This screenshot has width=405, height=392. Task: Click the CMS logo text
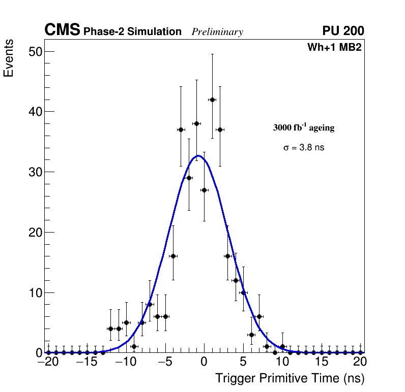pyautogui.click(x=62, y=30)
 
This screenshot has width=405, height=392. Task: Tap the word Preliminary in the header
pyautogui.click(x=217, y=32)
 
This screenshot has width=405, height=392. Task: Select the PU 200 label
pyautogui.click(x=343, y=31)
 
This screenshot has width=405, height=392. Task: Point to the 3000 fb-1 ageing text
pyautogui.click(x=304, y=127)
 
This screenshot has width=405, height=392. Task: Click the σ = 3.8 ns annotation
pyautogui.click(x=304, y=148)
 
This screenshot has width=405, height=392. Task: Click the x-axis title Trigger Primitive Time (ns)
pyautogui.click(x=290, y=378)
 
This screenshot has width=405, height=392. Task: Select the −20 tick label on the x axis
pyautogui.click(x=48, y=362)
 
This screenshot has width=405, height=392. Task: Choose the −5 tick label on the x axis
pyautogui.click(x=165, y=362)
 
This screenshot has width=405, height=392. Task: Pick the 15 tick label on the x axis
pyautogui.click(x=322, y=362)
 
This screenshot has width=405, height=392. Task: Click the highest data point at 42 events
pyautogui.click(x=212, y=100)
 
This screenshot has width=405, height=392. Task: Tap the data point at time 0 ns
pyautogui.click(x=204, y=190)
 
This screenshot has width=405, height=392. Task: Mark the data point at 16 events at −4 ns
pyautogui.click(x=173, y=256)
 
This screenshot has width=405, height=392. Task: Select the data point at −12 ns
pyautogui.click(x=110, y=329)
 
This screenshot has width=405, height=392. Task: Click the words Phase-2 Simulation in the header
pyautogui.click(x=132, y=32)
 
